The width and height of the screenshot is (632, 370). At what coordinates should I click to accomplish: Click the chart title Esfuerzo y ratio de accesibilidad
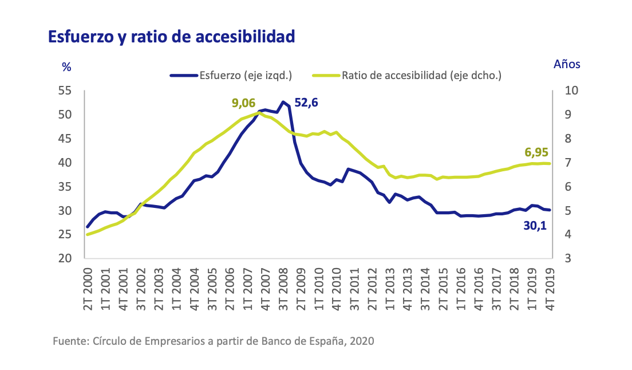[x=171, y=37]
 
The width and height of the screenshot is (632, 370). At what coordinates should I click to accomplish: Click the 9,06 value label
[x=243, y=103]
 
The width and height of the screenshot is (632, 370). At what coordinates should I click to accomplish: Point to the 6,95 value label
[x=536, y=152]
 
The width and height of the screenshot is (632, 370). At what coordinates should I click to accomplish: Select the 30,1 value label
[x=535, y=226]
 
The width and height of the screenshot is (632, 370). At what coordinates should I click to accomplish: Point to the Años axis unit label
[x=567, y=64]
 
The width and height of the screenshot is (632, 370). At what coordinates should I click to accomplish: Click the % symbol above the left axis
[x=66, y=66]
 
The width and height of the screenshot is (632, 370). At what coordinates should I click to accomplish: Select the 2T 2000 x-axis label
[x=89, y=289]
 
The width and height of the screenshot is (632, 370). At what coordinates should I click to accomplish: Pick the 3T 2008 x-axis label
[x=283, y=289]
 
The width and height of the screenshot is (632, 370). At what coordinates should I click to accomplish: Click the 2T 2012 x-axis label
[x=372, y=289]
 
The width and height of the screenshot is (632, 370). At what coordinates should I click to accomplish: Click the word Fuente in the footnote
[x=69, y=341]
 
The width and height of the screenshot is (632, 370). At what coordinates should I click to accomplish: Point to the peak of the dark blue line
[x=283, y=102]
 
